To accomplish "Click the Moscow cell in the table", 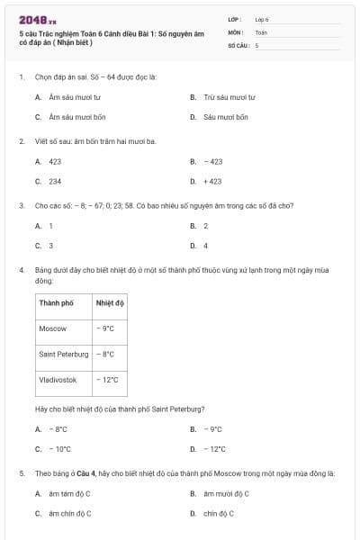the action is tap(53, 328).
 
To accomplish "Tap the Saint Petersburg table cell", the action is tap(64, 355).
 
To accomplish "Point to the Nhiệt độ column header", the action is tap(109, 302).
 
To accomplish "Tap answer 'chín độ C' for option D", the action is tap(219, 513).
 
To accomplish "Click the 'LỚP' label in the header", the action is tap(235, 18).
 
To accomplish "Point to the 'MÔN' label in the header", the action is tap(236, 31).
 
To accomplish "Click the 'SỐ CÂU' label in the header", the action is tap(238, 44).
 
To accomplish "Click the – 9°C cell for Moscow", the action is tap(105, 328).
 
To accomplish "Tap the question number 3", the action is tap(21, 205).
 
